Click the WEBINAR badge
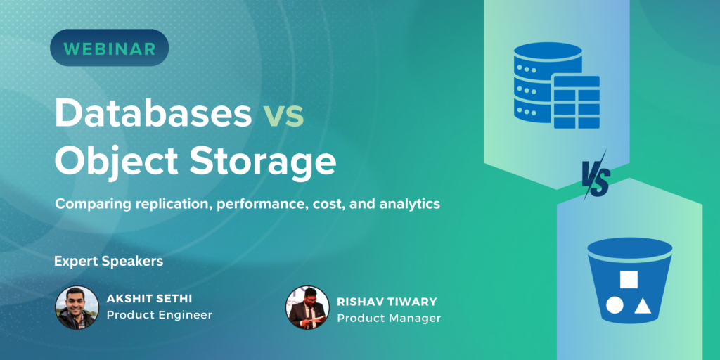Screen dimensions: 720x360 [109, 48]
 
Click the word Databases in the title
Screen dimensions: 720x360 [153, 113]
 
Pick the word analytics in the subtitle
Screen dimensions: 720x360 [410, 205]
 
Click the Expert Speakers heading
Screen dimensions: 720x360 [109, 262]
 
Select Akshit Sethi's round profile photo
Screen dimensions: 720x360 [77, 308]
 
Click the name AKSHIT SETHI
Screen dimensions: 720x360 [149, 299]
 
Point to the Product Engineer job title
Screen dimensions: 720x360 [160, 316]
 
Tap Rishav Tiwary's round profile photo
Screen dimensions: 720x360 [307, 308]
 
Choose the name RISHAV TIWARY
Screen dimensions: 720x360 [387, 302]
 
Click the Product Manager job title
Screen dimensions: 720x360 [389, 319]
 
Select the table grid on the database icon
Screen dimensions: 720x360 [577, 102]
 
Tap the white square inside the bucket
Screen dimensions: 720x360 [629, 279]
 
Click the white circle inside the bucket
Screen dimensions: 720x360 [615, 305]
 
